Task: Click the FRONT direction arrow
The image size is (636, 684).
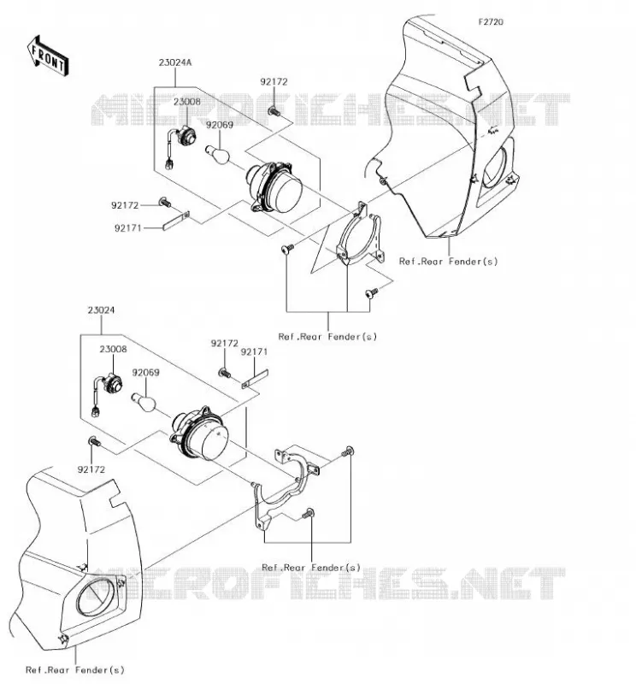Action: [x=48, y=56]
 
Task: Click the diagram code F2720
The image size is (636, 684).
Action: [x=491, y=22]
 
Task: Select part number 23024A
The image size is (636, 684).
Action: [x=175, y=62]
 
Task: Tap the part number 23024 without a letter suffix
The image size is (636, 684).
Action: [x=101, y=310]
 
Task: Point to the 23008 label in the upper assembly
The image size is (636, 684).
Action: [x=187, y=102]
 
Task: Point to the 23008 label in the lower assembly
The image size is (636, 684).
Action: [x=114, y=349]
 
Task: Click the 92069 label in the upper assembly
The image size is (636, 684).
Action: [x=220, y=125]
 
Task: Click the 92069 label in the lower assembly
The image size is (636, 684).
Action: [x=145, y=373]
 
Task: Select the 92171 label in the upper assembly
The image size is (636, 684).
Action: [x=128, y=228]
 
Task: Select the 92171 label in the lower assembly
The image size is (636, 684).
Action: [x=254, y=351]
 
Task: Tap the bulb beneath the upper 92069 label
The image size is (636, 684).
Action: [x=218, y=156]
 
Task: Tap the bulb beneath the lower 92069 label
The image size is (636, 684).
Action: [x=144, y=403]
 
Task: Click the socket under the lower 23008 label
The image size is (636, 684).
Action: [x=112, y=382]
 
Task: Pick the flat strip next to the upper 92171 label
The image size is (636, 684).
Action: [x=176, y=221]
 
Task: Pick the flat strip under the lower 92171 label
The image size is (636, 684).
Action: [x=255, y=379]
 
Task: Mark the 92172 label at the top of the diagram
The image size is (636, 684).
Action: [x=274, y=81]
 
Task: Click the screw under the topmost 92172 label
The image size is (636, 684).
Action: [x=274, y=111]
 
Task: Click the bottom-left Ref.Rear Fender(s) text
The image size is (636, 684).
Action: [x=75, y=669]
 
